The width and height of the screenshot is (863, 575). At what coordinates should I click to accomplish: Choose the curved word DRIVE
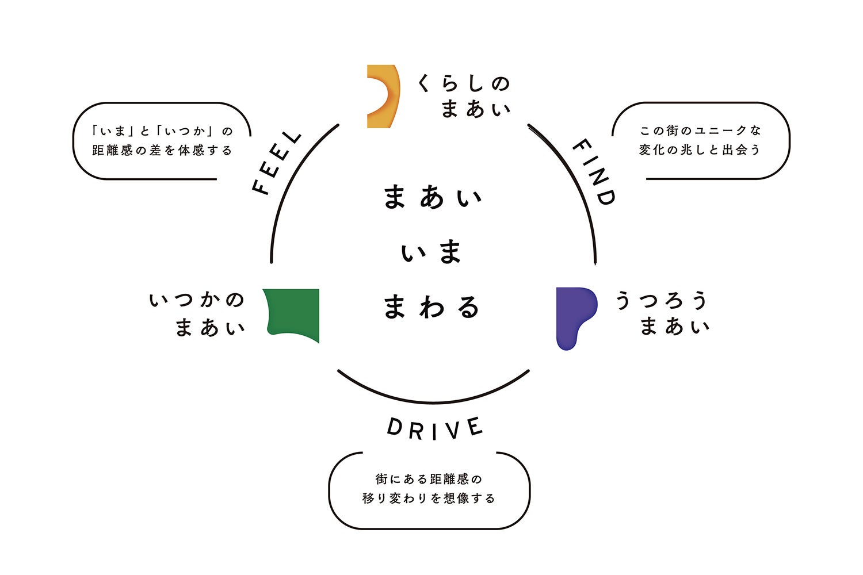[434, 429]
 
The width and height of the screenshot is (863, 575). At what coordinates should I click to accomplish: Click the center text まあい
[433, 197]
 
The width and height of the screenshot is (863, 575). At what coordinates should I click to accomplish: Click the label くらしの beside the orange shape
[464, 84]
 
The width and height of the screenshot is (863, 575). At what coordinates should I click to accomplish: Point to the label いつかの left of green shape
[197, 300]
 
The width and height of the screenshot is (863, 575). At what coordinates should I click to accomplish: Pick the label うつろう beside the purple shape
[662, 300]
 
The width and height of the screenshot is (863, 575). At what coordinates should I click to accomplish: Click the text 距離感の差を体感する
[162, 151]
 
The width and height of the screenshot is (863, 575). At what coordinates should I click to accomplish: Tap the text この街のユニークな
[700, 131]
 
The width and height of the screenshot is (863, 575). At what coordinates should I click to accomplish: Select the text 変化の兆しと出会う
[700, 150]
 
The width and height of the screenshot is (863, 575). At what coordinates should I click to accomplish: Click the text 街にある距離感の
[429, 479]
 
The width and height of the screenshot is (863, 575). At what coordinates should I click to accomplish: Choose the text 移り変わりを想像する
[429, 499]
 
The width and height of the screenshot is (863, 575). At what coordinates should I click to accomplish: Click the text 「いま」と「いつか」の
[162, 131]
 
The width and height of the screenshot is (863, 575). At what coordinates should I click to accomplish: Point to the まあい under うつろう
[674, 327]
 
